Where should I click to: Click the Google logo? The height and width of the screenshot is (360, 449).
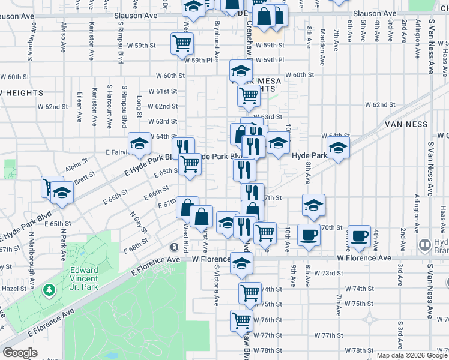coord(20,353)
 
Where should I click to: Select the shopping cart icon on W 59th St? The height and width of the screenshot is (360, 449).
coord(182,43)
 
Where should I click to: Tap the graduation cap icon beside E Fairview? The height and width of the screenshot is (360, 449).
coord(140,144)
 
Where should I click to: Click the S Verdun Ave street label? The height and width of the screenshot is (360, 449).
coord(29,42)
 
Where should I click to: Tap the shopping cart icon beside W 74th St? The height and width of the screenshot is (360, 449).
coord(250,293)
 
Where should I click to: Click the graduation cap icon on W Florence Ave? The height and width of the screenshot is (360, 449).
coord(241,263)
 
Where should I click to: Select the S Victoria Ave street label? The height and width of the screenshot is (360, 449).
coord(215,284)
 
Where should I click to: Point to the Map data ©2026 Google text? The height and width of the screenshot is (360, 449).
coord(412,355)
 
